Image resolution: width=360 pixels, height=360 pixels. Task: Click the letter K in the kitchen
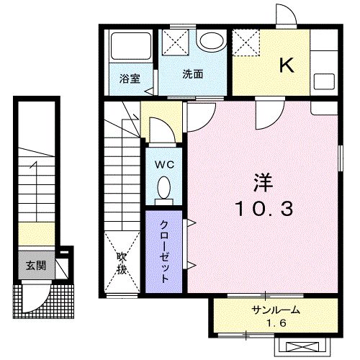tap(287, 66)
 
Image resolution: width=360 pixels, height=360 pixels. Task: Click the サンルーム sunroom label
tap(275, 310)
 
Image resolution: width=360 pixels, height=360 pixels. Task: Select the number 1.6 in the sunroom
tap(275, 323)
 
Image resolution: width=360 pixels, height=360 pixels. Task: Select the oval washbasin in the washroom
tap(211, 40)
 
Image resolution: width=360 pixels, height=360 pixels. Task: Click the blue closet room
tap(165, 251)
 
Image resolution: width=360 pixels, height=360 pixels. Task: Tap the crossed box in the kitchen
tap(249, 41)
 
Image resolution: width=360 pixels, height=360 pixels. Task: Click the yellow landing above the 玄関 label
tap(36, 233)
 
